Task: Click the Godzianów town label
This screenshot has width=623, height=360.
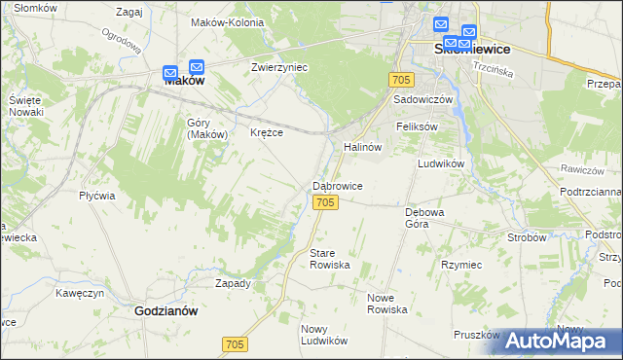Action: pyautogui.click(x=165, y=311)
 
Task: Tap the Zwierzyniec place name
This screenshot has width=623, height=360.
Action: pyautogui.click(x=279, y=68)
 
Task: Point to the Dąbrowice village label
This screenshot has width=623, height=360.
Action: pyautogui.click(x=338, y=185)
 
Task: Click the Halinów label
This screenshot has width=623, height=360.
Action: pyautogui.click(x=361, y=146)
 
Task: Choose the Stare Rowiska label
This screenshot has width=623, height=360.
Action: pyautogui.click(x=329, y=259)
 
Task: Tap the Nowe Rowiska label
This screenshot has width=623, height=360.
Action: pyautogui.click(x=387, y=303)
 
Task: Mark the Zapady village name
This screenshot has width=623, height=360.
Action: pyautogui.click(x=233, y=283)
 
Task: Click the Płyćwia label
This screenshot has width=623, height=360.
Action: pyautogui.click(x=97, y=195)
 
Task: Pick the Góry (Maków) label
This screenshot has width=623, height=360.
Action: pyautogui.click(x=206, y=128)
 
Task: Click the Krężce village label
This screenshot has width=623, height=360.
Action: pyautogui.click(x=267, y=132)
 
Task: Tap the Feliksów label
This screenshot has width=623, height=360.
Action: pyautogui.click(x=418, y=126)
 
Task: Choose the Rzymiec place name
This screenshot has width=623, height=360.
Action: pyautogui.click(x=461, y=264)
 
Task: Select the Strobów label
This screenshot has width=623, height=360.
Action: pyautogui.click(x=527, y=236)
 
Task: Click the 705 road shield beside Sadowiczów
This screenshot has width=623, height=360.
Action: pyautogui.click(x=401, y=78)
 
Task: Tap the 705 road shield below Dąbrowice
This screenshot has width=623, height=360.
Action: pyautogui.click(x=326, y=201)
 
